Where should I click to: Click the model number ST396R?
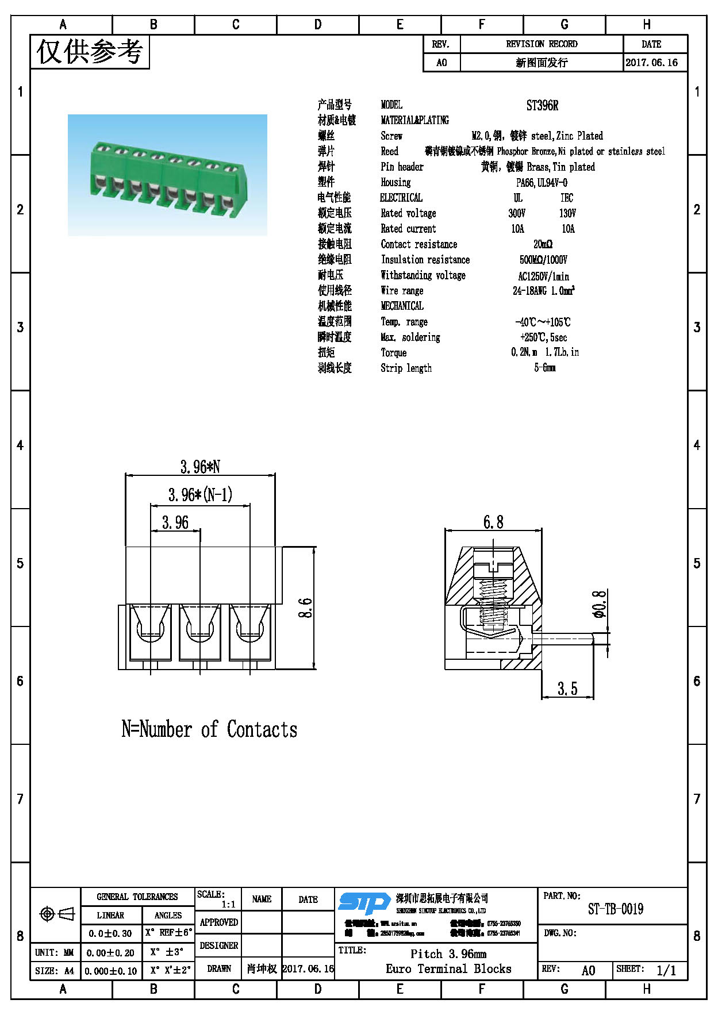click(542, 105)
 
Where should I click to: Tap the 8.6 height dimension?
click(305, 608)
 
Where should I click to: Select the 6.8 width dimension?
click(493, 522)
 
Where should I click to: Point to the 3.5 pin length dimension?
click(567, 688)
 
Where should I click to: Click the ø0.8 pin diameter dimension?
click(599, 603)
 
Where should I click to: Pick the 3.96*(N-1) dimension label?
click(200, 495)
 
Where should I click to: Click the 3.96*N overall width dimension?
click(200, 467)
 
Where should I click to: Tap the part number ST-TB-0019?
click(615, 909)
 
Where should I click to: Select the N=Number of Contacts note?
click(209, 729)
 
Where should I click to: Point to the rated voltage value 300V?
click(517, 213)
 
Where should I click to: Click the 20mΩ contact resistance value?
click(542, 244)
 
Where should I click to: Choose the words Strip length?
click(406, 368)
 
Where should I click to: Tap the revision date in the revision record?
click(651, 63)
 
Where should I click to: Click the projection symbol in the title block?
click(56, 914)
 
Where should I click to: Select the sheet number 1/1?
click(666, 970)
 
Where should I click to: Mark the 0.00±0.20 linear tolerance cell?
click(110, 952)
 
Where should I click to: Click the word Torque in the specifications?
click(393, 352)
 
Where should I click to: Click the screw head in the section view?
click(493, 564)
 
